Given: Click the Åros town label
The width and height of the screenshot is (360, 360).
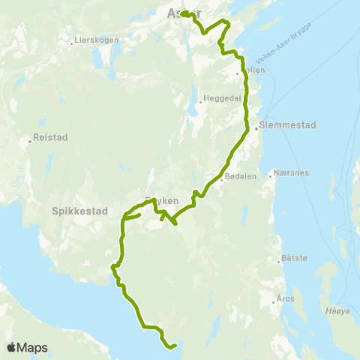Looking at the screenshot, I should tap(287, 298).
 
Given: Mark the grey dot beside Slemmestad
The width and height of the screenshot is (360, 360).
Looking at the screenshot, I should tap(256, 128).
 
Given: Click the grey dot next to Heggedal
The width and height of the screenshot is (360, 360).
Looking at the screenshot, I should tap(201, 100).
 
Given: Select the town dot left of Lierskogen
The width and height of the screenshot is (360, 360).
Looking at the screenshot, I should tap(73, 41).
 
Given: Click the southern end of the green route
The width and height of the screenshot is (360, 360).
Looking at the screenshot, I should tap(174, 346).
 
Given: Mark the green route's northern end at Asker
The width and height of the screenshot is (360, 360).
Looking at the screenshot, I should tap(183, 14).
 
